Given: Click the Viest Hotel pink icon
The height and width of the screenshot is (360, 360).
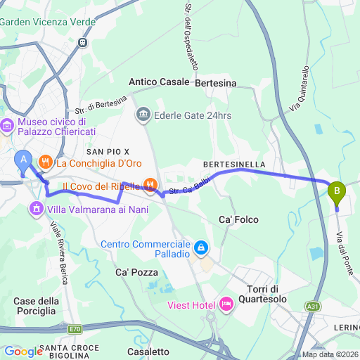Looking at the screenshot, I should pos(226,304).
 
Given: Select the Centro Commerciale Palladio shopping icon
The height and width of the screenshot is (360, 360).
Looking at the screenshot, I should pos(201,247).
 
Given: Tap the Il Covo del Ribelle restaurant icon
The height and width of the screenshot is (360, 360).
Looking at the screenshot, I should pos(150,186).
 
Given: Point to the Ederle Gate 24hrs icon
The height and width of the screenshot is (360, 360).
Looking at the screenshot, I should pos(143,114).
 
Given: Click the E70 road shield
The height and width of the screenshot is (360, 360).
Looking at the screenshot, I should pos(75,328).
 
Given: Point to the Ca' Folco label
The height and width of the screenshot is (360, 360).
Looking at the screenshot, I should pos(236,218).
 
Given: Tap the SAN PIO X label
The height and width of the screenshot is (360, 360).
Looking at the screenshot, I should pos(108,151).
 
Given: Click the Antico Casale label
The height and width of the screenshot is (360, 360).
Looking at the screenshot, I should pos(159,82).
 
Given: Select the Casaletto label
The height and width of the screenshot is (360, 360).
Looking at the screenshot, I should pos(148,351).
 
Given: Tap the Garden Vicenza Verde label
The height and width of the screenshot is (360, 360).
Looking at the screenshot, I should pos(48,22).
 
